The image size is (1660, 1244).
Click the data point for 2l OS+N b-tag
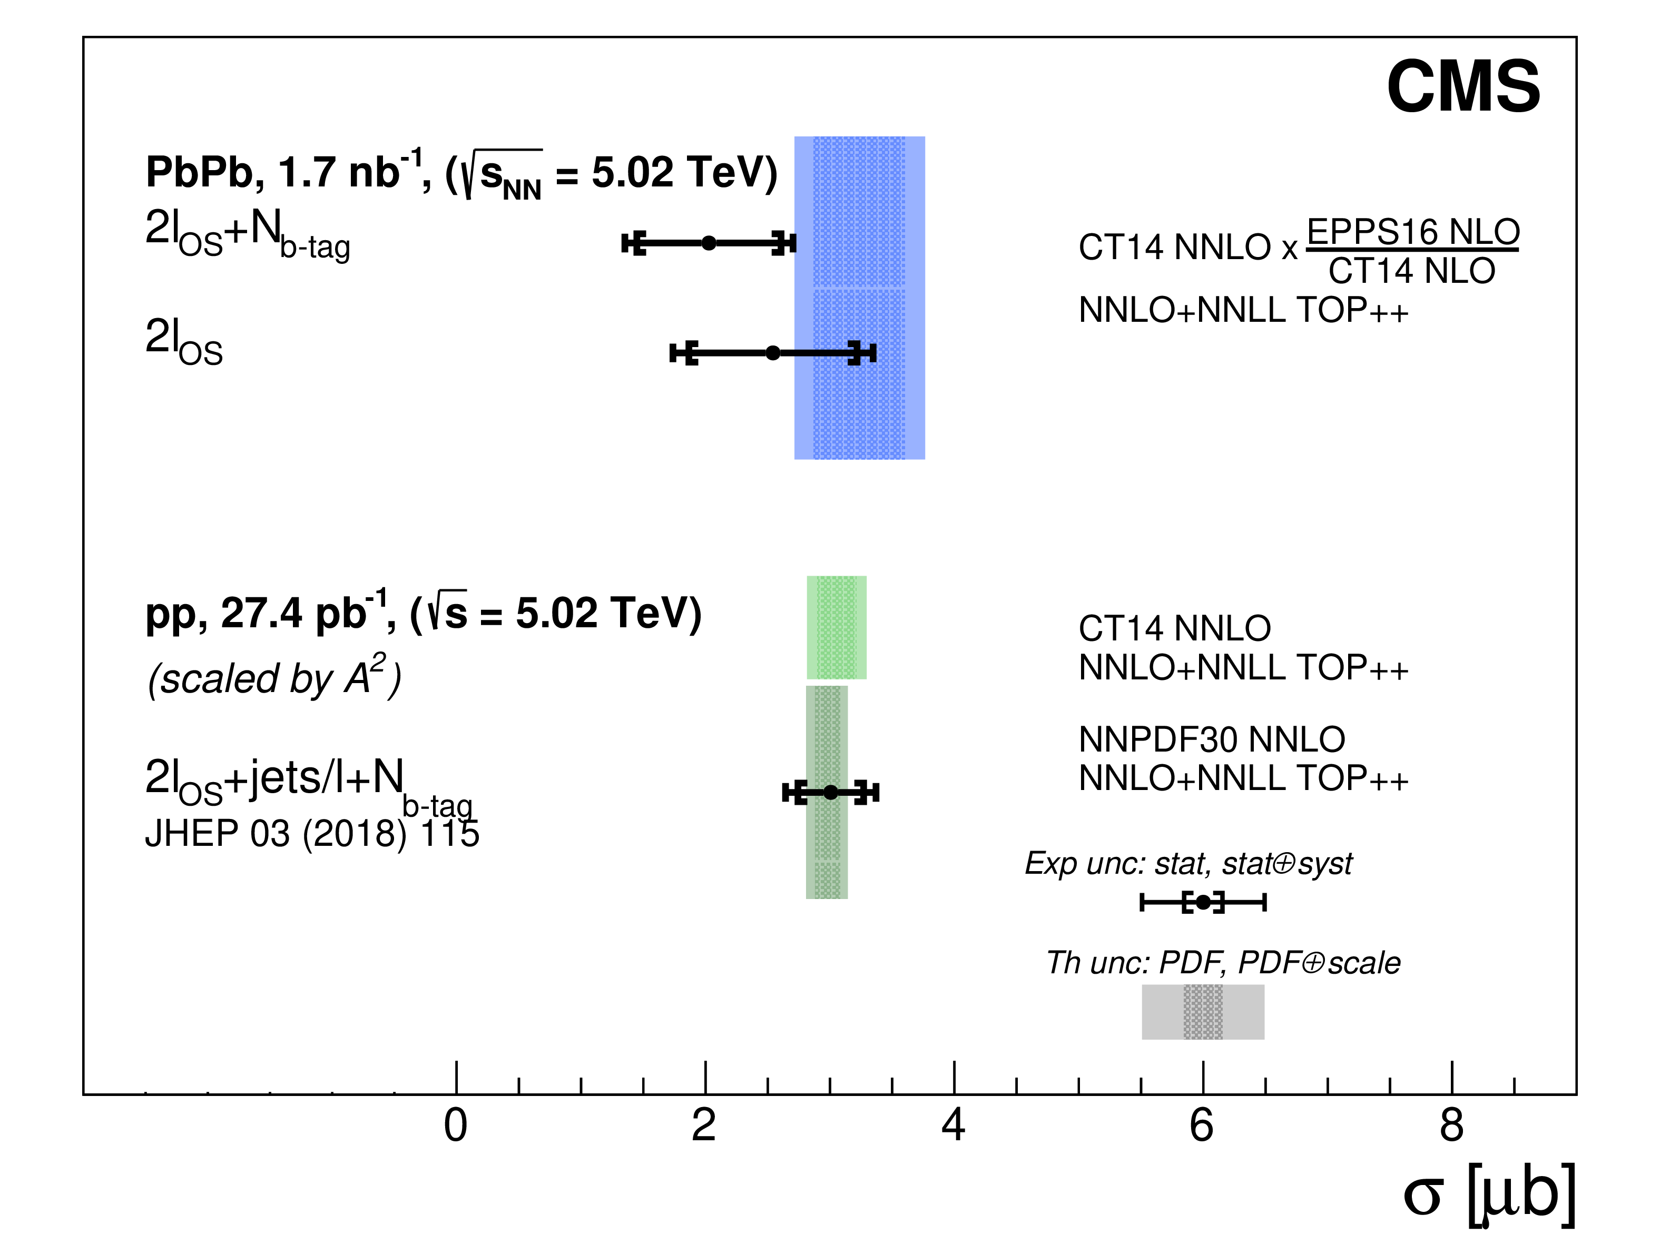coord(709,243)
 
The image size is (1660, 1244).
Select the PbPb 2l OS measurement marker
coord(772,353)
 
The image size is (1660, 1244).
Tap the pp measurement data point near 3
coord(830,792)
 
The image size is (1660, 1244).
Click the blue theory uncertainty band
coord(859,405)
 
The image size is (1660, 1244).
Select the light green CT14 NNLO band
coord(836,627)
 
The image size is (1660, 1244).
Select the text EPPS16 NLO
coord(1413,232)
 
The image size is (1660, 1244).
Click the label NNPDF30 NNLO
coord(1211,740)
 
